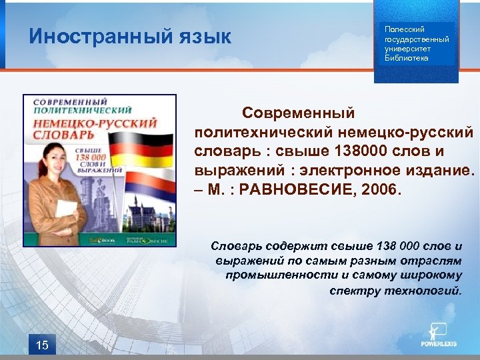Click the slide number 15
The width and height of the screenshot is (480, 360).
42,344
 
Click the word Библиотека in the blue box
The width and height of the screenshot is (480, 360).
407,58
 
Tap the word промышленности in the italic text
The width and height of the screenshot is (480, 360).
273,275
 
